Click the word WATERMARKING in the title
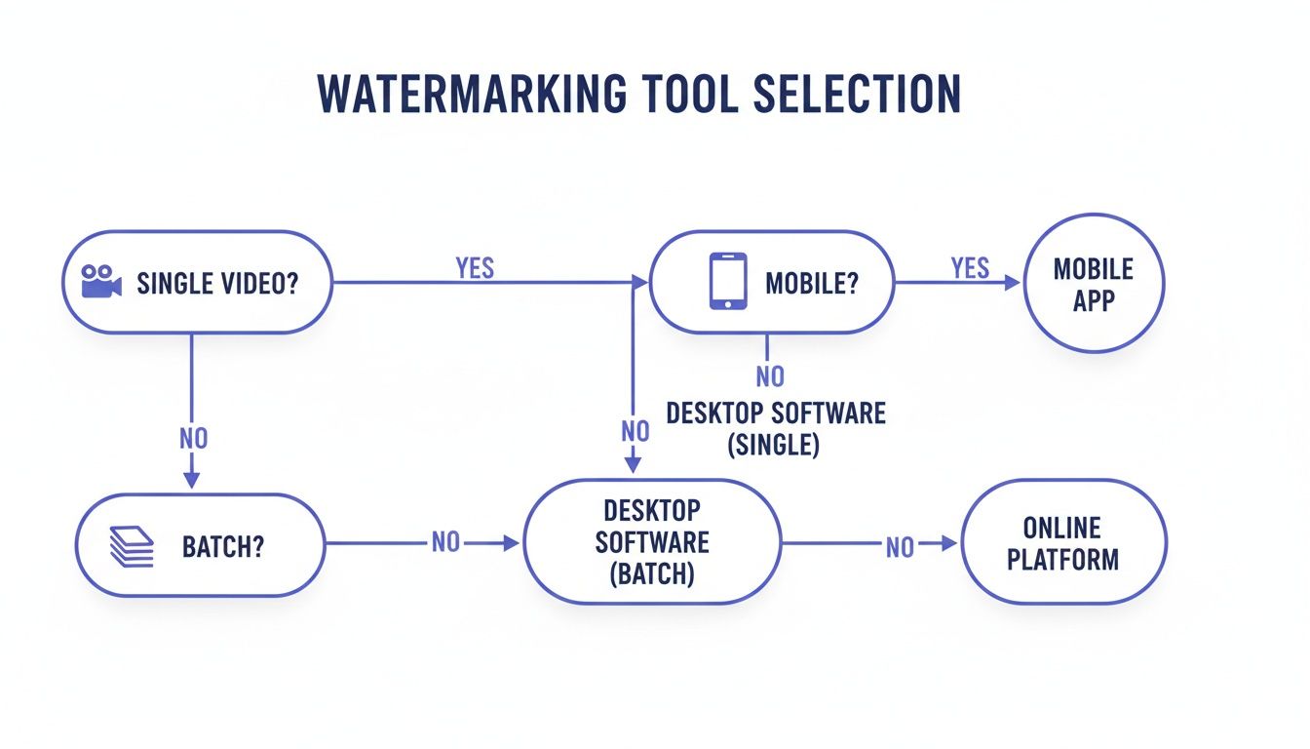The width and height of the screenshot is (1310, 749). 472,94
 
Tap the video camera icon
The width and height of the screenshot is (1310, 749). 101,283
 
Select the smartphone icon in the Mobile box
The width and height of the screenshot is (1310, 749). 728,282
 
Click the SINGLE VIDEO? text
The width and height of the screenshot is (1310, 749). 217,284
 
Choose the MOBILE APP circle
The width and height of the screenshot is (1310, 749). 1094,283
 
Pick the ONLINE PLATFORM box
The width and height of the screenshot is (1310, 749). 1063,544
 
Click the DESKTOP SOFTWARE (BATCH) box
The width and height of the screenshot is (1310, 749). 651,543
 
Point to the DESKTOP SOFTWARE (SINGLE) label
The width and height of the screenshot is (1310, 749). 775,428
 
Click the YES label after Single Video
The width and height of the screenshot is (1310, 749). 475,268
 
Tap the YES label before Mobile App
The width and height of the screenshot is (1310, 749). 970,268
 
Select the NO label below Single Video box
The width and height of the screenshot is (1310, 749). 194,438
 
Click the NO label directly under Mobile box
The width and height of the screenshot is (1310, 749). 770,375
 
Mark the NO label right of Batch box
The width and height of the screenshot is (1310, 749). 445,543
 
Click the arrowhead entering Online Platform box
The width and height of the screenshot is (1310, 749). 950,544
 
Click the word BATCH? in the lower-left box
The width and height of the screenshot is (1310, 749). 223,546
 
